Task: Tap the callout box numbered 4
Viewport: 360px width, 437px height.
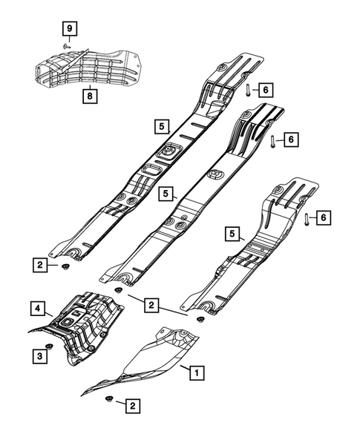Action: pyautogui.click(x=35, y=306)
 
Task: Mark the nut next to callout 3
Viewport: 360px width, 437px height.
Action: pyautogui.click(x=51, y=347)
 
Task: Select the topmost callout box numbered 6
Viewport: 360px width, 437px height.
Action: pyautogui.click(x=265, y=90)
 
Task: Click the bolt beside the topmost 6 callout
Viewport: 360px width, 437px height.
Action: pyautogui.click(x=246, y=91)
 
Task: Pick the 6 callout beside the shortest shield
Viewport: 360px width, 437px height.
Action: pyautogui.click(x=323, y=217)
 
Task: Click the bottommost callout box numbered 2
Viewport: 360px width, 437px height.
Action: pyautogui.click(x=132, y=405)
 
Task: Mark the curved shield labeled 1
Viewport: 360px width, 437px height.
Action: pyautogui.click(x=148, y=364)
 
